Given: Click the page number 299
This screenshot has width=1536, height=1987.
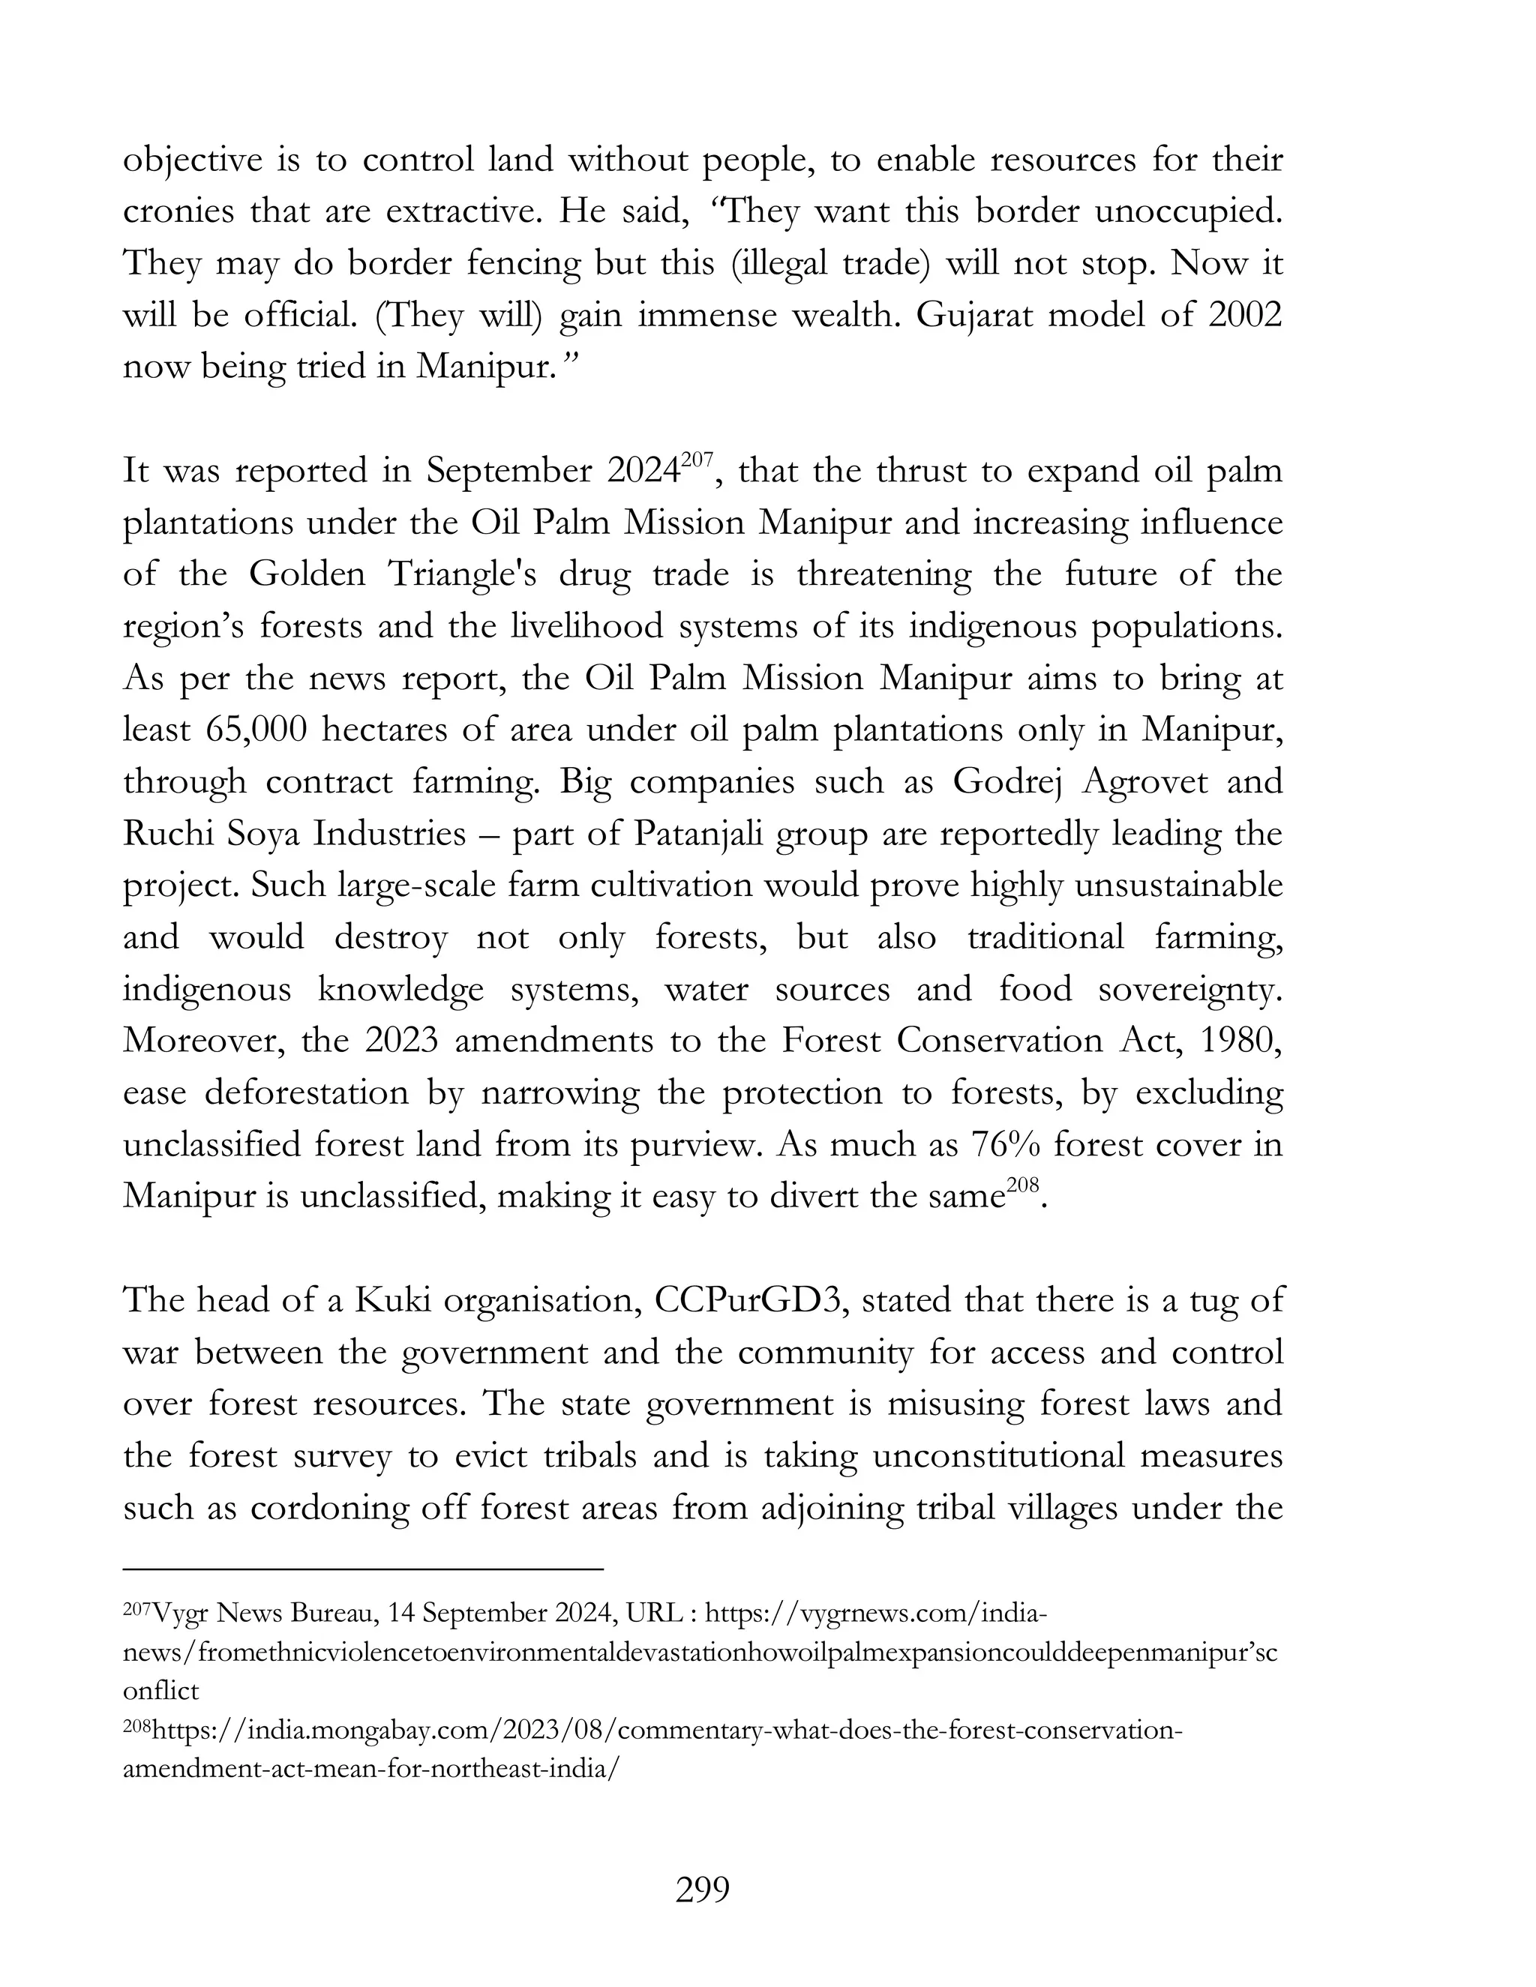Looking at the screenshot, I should pos(703,1890).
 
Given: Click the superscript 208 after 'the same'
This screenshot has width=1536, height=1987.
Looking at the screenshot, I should pos(1022,1185).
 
